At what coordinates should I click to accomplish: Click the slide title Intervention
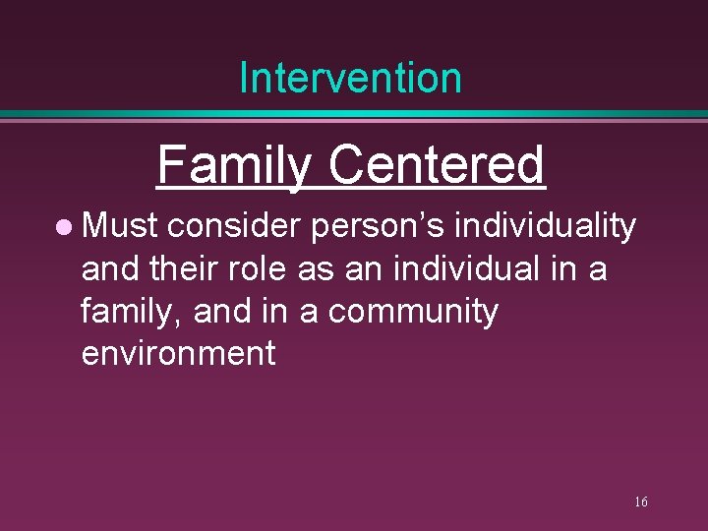[350, 78]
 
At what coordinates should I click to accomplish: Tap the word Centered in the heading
[436, 165]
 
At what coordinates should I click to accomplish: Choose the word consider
[234, 226]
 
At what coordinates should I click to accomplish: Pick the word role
[262, 268]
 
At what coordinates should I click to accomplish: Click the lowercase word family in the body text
[132, 312]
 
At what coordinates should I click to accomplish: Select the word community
[413, 312]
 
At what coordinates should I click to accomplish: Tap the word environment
[178, 353]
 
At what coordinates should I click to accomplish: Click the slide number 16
[640, 502]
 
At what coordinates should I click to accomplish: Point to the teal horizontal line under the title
[354, 115]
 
